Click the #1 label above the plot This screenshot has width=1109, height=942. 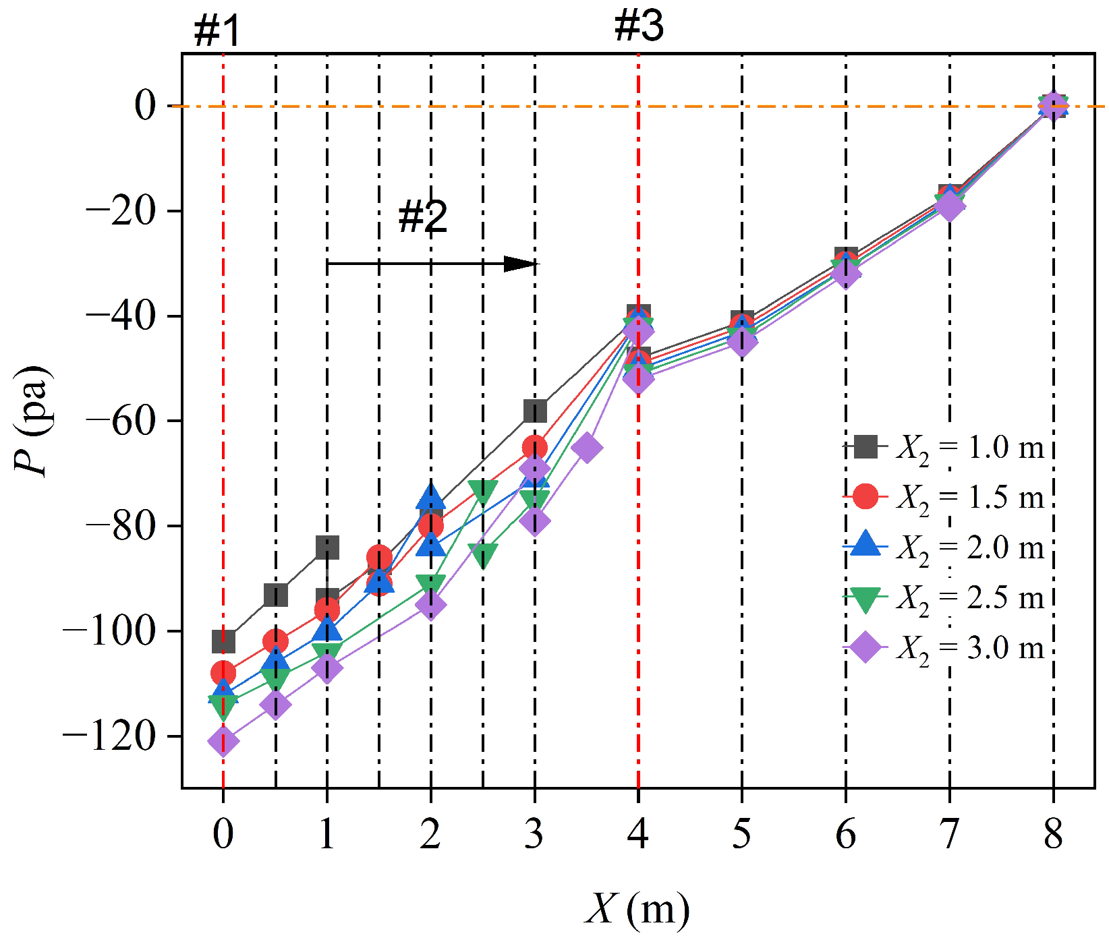point(217,31)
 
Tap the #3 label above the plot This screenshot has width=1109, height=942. point(639,26)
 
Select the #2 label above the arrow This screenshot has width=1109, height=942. point(422,216)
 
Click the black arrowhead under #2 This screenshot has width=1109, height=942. point(521,264)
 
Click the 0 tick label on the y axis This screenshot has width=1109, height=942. point(145,106)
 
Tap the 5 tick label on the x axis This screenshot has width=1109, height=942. point(741,834)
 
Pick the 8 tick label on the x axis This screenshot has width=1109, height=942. point(1053,834)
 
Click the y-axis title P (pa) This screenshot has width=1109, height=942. point(32,421)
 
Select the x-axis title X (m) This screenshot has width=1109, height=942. point(637,908)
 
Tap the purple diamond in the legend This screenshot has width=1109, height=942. point(865,648)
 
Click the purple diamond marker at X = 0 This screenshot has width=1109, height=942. point(223,742)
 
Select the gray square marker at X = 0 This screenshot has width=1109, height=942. point(223,641)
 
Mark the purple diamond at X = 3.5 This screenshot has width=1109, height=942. point(587,447)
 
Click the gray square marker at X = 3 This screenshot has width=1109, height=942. point(535,410)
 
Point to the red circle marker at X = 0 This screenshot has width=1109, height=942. point(223,672)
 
